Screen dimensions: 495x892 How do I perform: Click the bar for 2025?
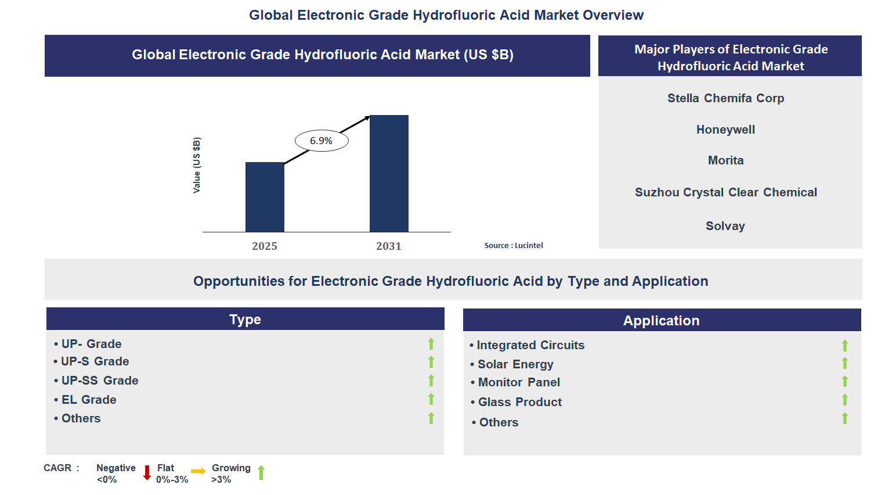tap(265, 197)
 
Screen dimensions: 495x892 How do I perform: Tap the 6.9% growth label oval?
tap(322, 141)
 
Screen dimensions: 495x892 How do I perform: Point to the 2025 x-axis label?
tap(265, 246)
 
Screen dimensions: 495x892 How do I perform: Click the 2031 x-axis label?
tap(389, 246)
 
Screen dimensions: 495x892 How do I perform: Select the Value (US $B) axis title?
tap(197, 166)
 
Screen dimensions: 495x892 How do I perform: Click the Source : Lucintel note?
tap(514, 245)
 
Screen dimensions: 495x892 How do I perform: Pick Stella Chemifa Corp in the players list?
tap(725, 98)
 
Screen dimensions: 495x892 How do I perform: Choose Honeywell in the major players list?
tap(725, 130)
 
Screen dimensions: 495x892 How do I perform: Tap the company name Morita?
tap(725, 160)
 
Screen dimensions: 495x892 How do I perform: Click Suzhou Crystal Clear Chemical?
tap(725, 192)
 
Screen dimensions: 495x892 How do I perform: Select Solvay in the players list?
tap(725, 226)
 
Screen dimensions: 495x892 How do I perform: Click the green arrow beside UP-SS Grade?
tap(431, 381)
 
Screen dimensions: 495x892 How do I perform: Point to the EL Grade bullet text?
tap(89, 400)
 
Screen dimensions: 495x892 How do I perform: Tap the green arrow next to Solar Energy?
tap(845, 364)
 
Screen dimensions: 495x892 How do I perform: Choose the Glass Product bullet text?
tap(519, 402)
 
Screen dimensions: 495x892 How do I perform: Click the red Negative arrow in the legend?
tap(147, 473)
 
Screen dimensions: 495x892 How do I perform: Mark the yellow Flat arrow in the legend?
tap(198, 471)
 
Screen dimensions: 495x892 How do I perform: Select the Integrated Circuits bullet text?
tap(530, 345)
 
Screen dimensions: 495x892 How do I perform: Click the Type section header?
tap(245, 320)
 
